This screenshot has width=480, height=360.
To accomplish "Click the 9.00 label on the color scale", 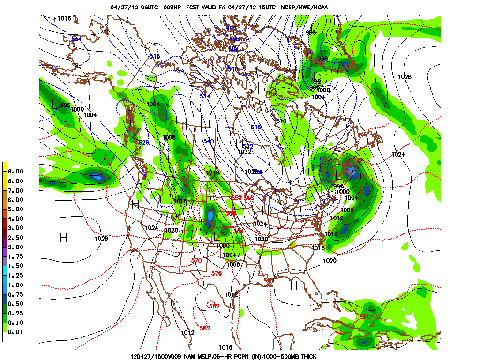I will [x=16, y=171].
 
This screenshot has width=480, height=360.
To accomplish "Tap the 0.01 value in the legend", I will [x=16, y=332].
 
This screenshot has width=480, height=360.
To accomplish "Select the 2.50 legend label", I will [x=16, y=238].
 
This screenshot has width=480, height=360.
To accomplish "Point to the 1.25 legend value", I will [x=16, y=275].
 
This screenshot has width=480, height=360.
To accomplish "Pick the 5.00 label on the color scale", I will [x=16, y=209].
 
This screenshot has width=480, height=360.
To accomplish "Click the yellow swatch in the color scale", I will [x=5, y=166].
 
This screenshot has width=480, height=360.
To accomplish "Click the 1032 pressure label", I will [x=244, y=152].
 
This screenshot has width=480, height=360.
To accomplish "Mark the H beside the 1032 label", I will [x=239, y=142].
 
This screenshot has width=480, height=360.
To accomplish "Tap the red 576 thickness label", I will [x=216, y=273].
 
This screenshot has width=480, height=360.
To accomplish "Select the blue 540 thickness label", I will [x=208, y=141].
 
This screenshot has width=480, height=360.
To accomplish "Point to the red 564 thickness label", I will [x=239, y=231].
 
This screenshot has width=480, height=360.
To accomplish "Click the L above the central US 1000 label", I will [x=216, y=237].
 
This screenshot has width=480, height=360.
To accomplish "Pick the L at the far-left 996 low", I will [x=55, y=104].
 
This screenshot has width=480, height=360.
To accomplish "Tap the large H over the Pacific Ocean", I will [x=63, y=238].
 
